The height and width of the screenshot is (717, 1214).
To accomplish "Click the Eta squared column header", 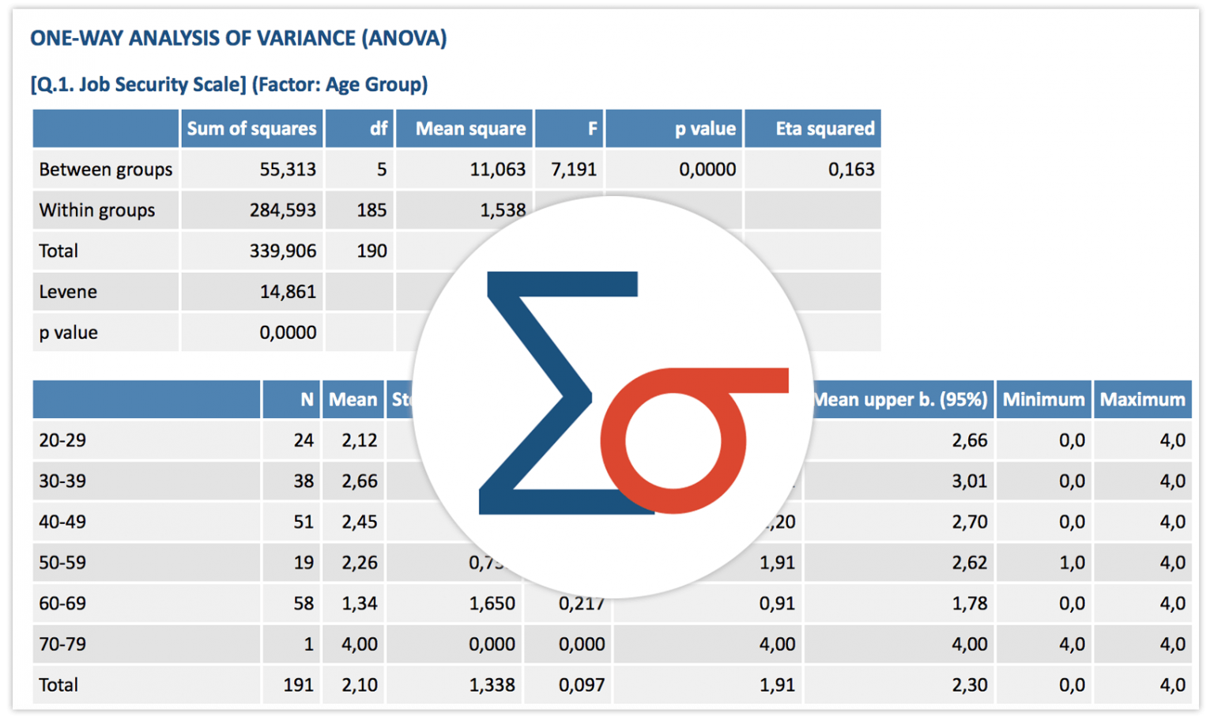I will point(824,129).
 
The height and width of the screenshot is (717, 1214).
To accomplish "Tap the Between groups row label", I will point(105,169).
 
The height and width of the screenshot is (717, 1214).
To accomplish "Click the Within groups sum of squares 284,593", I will point(282,210).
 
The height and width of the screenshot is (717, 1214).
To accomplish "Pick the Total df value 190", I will point(371,251).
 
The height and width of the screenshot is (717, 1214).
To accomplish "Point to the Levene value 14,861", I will point(288,292).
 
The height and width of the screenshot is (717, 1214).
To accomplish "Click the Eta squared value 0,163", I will point(850,169).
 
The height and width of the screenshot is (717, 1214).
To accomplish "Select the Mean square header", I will point(470,129).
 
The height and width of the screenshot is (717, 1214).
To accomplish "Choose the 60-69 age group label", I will point(62,603).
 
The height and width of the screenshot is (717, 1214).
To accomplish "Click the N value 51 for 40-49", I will point(303,522).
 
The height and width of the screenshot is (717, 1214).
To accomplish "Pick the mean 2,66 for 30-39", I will point(359,481).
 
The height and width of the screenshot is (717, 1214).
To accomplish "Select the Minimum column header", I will point(1043,400).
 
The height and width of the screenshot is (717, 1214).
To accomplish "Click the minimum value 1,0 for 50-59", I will point(1072,563).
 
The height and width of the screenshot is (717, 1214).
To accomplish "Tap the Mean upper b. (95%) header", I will point(901,400).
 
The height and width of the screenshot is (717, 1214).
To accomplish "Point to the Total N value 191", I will point(298,685).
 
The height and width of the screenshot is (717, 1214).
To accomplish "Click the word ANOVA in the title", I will point(404,38).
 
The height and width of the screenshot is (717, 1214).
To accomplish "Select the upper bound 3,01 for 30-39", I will point(969,481).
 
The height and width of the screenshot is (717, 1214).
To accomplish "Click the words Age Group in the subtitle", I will point(375,85).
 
